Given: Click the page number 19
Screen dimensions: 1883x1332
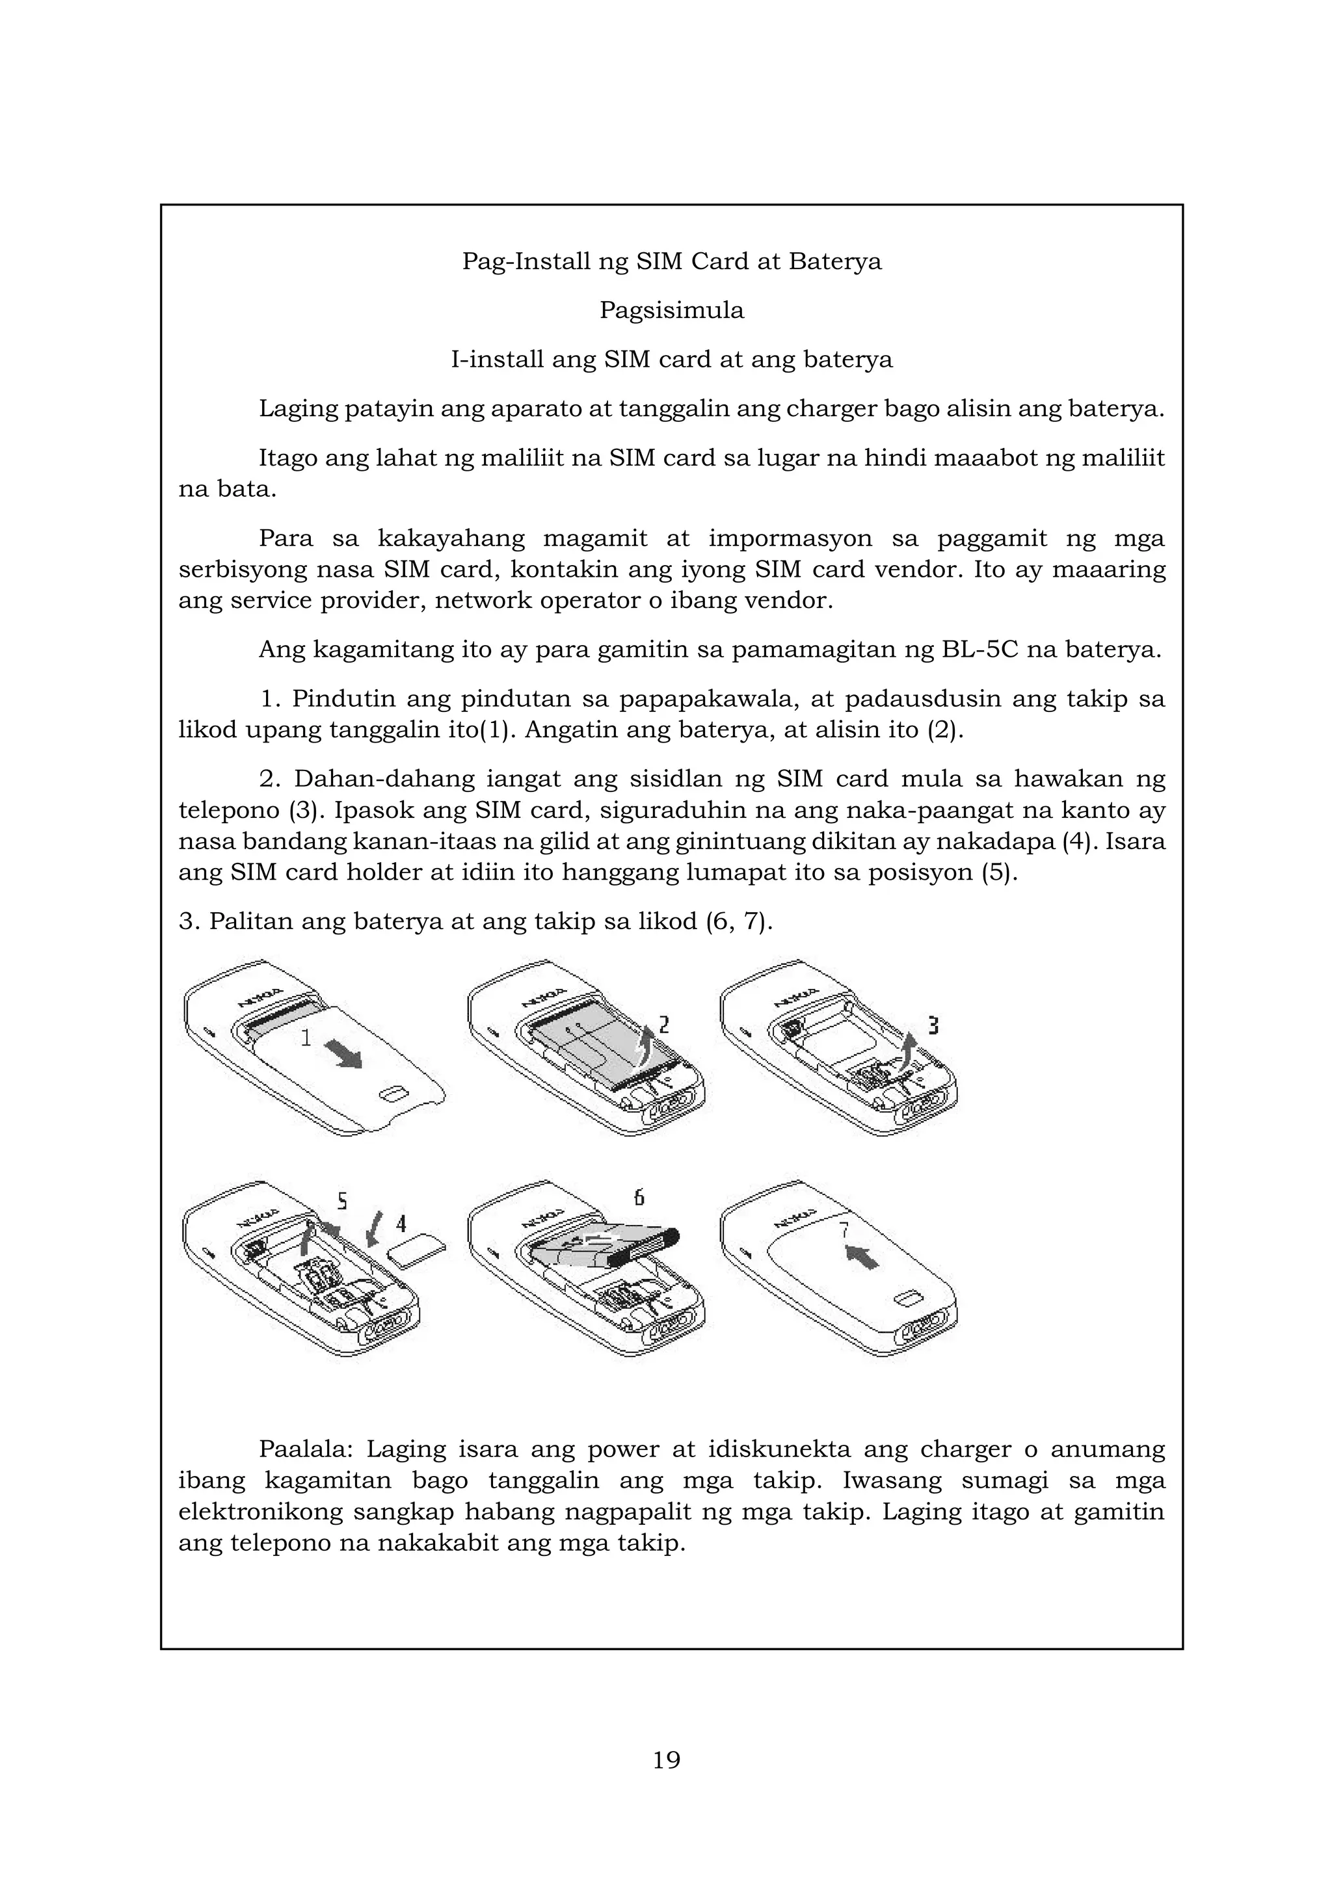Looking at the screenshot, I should (666, 1759).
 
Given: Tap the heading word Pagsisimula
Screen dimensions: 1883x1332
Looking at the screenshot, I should (672, 310).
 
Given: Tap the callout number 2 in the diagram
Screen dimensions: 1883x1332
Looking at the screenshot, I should (664, 1024).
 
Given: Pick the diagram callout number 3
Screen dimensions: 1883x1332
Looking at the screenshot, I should (933, 1025).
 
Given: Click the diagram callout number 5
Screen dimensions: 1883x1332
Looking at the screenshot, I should (342, 1202).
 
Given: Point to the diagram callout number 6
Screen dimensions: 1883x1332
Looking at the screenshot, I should (639, 1198).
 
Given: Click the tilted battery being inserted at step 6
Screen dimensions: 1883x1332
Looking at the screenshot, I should (603, 1246).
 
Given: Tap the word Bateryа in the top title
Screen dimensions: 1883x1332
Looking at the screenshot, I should (835, 261).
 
